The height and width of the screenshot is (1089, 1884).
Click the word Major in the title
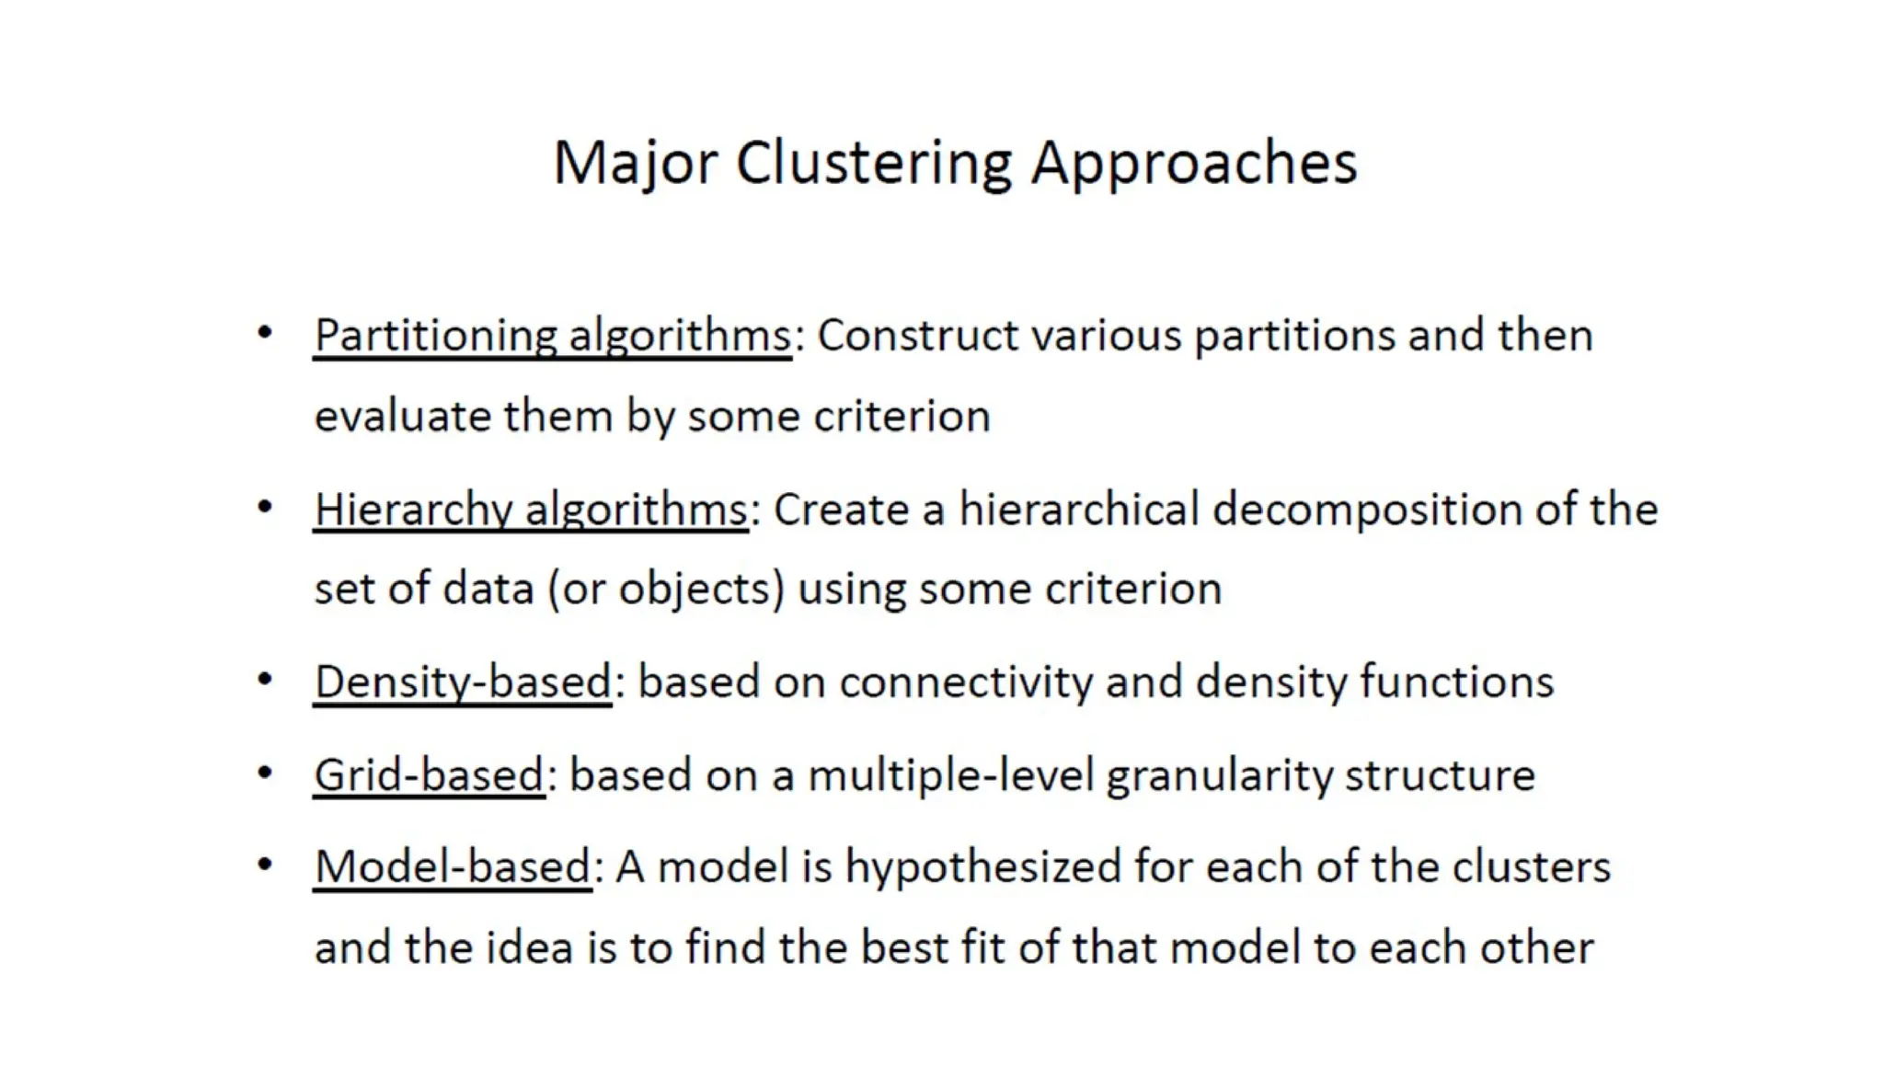pos(634,164)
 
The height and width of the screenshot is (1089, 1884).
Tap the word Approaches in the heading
pos(1193,164)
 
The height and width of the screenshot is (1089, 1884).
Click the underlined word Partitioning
pos(435,335)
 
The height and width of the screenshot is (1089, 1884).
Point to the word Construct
pos(917,335)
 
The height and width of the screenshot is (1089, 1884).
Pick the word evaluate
pos(403,416)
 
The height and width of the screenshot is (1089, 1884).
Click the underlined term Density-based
pos(463,682)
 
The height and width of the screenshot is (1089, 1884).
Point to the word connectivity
pos(966,682)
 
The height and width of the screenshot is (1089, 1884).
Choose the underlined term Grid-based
pos(429,775)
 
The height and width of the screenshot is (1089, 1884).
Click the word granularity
pos(1219,775)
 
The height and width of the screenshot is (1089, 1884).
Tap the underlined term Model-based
pos(453,867)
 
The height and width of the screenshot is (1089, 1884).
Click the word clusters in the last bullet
pos(1531,867)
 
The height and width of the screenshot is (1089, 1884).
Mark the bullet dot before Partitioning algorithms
pos(265,332)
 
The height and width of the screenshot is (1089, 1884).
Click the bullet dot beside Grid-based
pos(265,773)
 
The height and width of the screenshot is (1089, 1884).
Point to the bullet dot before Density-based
pos(265,680)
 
